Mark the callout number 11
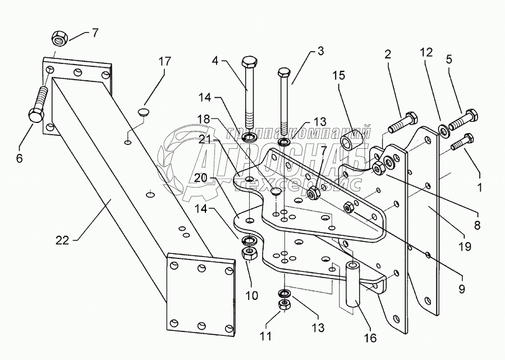pyautogui.click(x=266, y=336)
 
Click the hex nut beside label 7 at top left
pyautogui.click(x=58, y=39)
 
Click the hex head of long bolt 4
pyautogui.click(x=249, y=62)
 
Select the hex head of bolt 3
pyautogui.click(x=284, y=73)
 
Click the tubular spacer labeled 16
pyautogui.click(x=352, y=284)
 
